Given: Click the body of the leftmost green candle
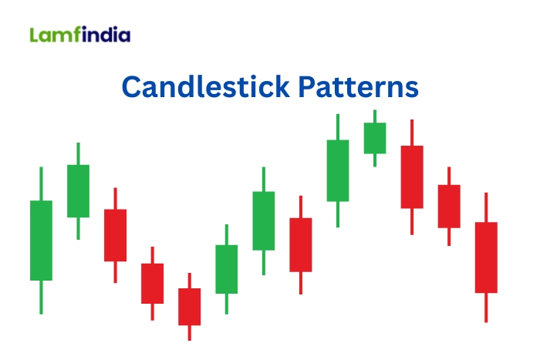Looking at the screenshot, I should click(41, 240).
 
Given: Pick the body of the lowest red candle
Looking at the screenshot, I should click(189, 306).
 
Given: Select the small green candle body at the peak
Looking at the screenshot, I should click(375, 138).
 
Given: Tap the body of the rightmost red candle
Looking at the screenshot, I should click(486, 257).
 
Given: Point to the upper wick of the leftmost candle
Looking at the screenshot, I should click(41, 183).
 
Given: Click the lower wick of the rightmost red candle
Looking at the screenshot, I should click(486, 308).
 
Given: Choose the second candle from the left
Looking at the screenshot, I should click(78, 190).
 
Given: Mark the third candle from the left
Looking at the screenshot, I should click(115, 235).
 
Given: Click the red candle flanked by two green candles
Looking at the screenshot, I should click(301, 244).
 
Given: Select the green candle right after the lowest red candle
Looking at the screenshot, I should click(226, 269).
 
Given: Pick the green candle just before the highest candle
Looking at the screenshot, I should click(338, 170).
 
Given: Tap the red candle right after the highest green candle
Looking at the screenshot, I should click(412, 177).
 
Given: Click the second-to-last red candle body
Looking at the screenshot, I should click(449, 206).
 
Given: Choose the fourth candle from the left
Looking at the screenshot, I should click(152, 283).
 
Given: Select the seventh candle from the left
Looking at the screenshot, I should click(264, 220).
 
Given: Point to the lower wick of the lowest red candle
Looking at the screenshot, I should click(189, 332).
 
